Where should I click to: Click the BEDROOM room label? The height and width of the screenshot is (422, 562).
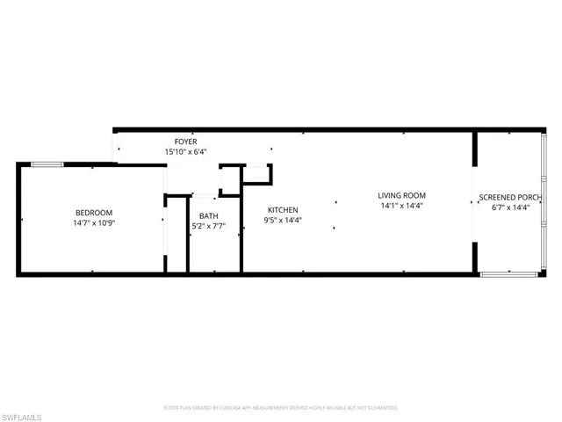click(x=93, y=213)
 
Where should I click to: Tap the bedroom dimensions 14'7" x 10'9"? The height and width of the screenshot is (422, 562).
click(x=93, y=223)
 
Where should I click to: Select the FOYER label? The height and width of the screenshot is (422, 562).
click(x=185, y=142)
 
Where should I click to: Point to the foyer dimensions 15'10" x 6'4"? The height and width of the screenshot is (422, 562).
click(x=185, y=152)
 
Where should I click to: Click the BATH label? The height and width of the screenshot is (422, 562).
click(x=208, y=215)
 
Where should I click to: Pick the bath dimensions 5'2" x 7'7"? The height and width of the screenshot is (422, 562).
click(x=208, y=226)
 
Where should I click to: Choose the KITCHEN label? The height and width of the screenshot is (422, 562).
click(x=284, y=209)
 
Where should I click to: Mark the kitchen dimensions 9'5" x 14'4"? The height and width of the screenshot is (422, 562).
click(x=284, y=220)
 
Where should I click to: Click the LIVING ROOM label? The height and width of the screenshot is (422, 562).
click(x=401, y=195)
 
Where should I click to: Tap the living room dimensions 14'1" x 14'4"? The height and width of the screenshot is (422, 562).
click(x=401, y=206)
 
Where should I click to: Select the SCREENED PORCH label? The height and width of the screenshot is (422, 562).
click(x=509, y=197)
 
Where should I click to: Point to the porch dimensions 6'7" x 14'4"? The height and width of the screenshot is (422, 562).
click(x=509, y=207)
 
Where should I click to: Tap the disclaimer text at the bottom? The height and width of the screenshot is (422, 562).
click(x=280, y=408)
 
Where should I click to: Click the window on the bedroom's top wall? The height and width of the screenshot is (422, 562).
click(x=47, y=164)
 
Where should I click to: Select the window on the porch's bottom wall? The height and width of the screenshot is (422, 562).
click(x=508, y=274)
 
